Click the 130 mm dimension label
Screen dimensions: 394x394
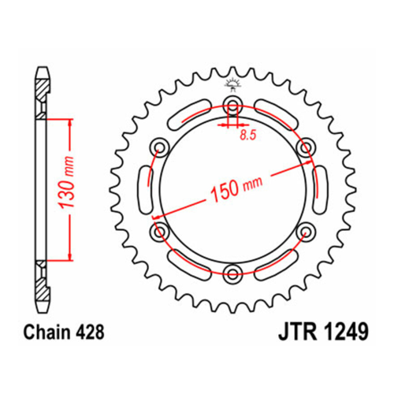click(x=66, y=183)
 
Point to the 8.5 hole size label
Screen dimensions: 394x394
click(x=247, y=136)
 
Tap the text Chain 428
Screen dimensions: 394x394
click(x=64, y=332)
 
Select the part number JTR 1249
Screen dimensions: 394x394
click(x=323, y=332)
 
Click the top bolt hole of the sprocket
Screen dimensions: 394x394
click(x=232, y=104)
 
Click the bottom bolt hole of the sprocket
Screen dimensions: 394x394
click(x=232, y=273)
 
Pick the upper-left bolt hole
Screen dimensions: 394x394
click(x=159, y=147)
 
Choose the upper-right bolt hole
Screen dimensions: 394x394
click(x=306, y=147)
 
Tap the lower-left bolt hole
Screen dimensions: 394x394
click(x=159, y=231)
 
